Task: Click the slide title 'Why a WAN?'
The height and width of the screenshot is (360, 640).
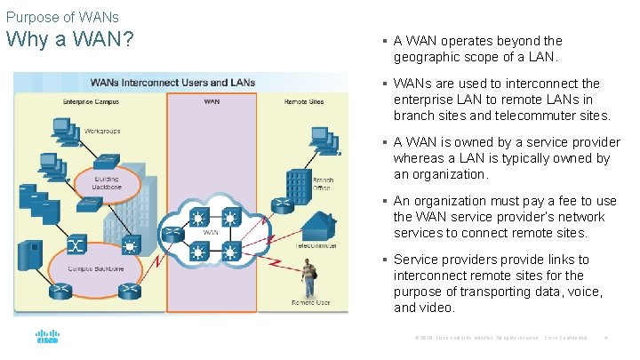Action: click(70, 41)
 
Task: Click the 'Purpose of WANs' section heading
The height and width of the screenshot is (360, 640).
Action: click(62, 17)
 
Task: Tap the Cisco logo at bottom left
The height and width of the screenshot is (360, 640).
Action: click(46, 339)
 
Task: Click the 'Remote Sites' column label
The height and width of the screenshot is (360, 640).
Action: click(304, 102)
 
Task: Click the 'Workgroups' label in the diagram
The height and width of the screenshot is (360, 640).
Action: click(104, 131)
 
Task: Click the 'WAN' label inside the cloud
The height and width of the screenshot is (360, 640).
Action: click(211, 233)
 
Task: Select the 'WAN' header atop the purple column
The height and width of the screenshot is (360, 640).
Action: click(212, 102)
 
